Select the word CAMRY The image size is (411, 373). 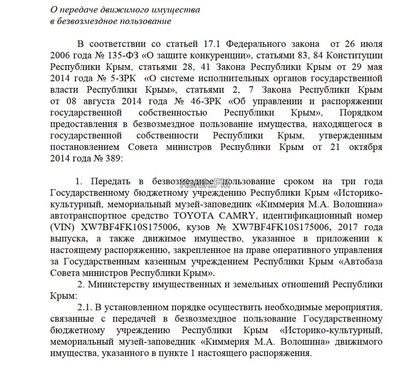click(x=231, y=216)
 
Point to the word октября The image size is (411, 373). click(x=365, y=147)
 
